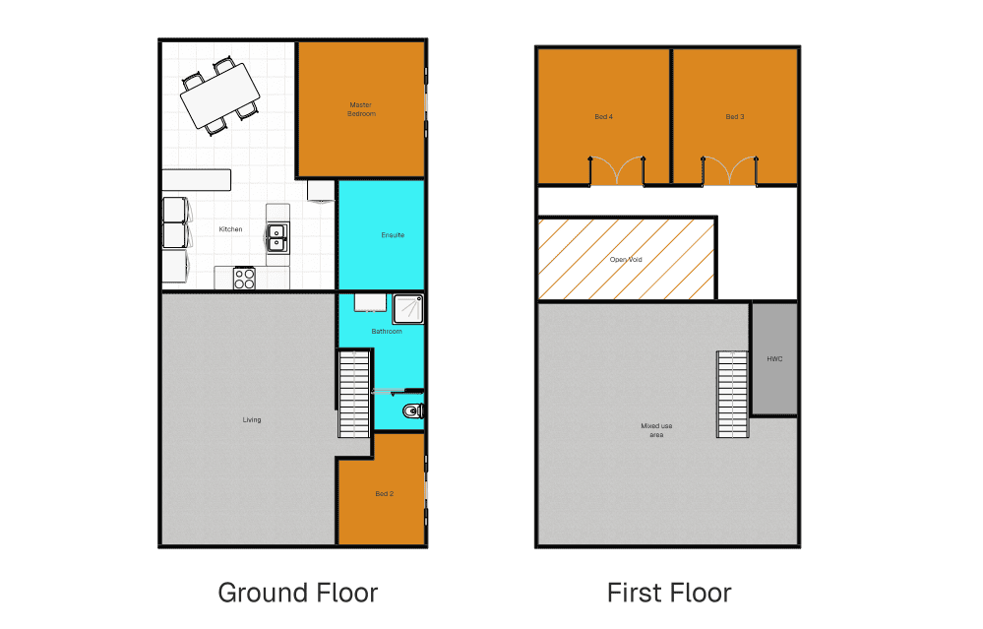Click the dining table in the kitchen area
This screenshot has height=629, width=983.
[x=220, y=95]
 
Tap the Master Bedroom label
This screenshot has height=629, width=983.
[x=361, y=109]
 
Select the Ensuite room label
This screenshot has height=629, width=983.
[x=393, y=235]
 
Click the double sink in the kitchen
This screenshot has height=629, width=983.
[x=277, y=238]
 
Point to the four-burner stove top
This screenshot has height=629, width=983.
[x=244, y=279]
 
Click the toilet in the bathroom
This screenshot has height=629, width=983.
[x=413, y=411]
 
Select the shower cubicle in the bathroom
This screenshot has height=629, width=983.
[x=408, y=309]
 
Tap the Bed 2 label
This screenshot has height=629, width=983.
[x=385, y=493]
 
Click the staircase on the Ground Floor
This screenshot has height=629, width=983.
[x=354, y=394]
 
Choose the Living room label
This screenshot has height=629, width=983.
[x=251, y=419]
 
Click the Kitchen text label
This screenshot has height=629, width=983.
[x=230, y=229]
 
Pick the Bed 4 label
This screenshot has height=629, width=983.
[x=604, y=116]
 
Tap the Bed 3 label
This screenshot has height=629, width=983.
[x=735, y=116]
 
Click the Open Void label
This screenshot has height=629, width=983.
[x=626, y=259]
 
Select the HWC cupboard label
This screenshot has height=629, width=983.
[x=774, y=358]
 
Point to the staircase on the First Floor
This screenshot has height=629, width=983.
[x=732, y=394]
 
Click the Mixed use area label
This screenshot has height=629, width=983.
[x=656, y=430]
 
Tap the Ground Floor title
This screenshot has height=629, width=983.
[x=298, y=593]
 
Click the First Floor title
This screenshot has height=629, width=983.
[x=669, y=593]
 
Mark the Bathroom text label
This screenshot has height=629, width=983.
[x=386, y=331]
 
